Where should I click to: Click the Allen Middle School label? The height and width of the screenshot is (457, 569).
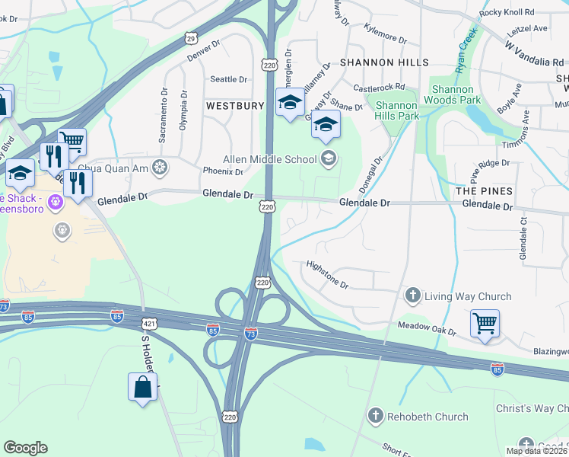coord(269,159)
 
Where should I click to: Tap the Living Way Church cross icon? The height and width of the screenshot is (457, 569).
coord(413,296)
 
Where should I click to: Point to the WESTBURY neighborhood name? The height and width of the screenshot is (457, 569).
coord(234,106)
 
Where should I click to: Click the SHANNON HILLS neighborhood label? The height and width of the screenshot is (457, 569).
coord(384,62)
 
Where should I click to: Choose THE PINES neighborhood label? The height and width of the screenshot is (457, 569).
coord(484,190)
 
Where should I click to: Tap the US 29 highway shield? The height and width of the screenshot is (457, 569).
coord(191,37)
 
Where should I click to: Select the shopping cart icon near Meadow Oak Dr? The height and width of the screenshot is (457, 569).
coord(485,323)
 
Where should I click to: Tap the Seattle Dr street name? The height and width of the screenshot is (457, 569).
coord(229,79)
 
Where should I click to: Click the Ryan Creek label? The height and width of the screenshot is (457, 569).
coord(465,50)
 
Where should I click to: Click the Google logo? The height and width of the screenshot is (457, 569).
coord(25,447)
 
